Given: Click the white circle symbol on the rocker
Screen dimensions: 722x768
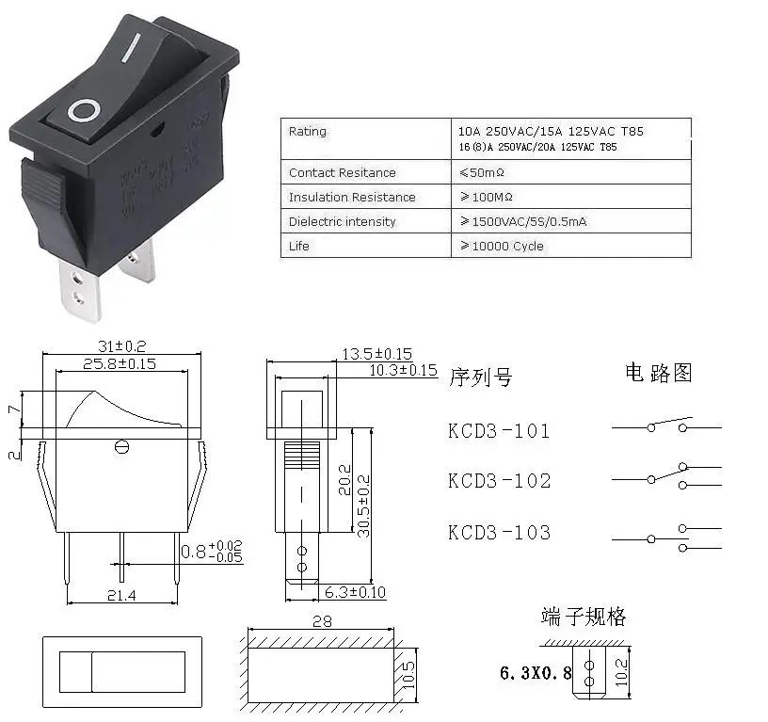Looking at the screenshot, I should point(83,111).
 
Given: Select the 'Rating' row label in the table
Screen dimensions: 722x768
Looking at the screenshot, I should point(308,132).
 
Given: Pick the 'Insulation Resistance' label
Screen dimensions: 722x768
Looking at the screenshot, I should point(351,198).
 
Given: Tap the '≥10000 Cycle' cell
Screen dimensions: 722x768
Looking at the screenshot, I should point(502,247).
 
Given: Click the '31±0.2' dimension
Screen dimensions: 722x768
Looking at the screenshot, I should point(121,346).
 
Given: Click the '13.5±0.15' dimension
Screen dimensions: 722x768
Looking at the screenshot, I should point(376,354).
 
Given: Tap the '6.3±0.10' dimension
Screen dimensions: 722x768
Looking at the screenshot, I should point(355,592).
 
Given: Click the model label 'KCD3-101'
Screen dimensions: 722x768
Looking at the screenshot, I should point(499,432).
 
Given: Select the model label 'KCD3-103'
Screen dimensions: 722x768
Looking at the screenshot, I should point(499,533).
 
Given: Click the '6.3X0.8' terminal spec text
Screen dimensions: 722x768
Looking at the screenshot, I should point(535,674).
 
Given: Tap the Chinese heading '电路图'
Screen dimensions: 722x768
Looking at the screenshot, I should point(658,373).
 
